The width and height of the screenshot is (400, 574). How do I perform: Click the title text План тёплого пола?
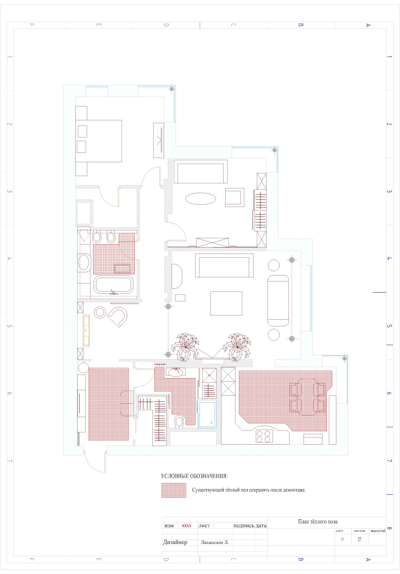coord(318,522)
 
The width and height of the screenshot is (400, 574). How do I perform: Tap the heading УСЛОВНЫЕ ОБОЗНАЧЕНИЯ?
coord(194,476)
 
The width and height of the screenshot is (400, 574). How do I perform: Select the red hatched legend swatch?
coord(174,490)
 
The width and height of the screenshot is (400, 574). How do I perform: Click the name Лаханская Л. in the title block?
coord(215,542)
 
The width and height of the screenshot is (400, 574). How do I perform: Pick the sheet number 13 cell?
coord(342,539)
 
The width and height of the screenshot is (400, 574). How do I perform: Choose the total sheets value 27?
coord(359,539)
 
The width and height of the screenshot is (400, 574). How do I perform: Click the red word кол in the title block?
coord(187,525)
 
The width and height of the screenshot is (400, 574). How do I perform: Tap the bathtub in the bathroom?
coord(114,285)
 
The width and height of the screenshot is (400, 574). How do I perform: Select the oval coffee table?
coord(201,199)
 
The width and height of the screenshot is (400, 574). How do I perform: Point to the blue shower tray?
coord(207,414)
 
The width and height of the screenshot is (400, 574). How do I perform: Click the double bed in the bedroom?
coord(99,141)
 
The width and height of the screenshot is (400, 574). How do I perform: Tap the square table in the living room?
coord(226,303)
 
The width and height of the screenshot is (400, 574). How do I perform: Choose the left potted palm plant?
coord(185,347)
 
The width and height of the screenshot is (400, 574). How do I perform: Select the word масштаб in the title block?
coord(378,531)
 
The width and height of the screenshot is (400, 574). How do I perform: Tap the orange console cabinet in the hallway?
coord(86,330)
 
